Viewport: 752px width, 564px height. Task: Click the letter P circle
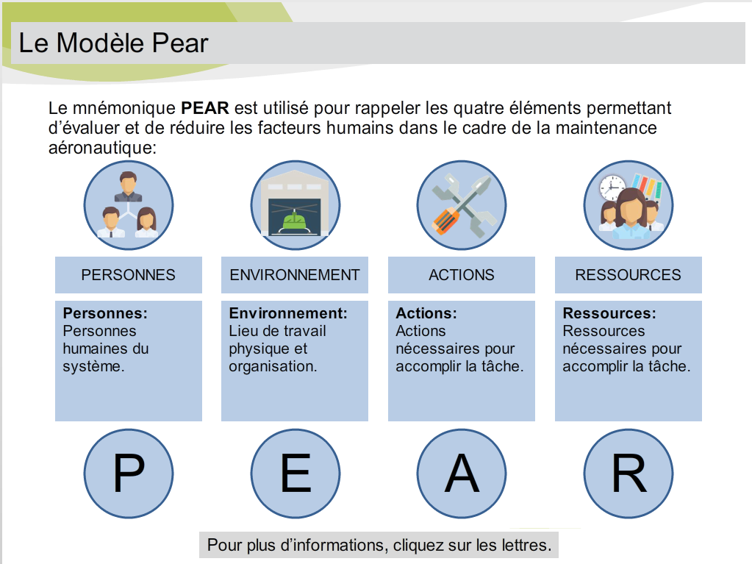click(129, 474)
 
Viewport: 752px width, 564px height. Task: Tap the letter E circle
click(296, 474)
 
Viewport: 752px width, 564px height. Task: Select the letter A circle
click(462, 474)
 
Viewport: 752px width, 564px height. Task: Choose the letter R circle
click(629, 474)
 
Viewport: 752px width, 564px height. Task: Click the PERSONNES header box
click(129, 275)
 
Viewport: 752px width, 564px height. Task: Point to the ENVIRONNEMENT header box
click(295, 275)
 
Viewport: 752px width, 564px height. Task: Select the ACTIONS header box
click(462, 275)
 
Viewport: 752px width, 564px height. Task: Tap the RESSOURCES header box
click(629, 275)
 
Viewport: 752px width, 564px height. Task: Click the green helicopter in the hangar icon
click(295, 221)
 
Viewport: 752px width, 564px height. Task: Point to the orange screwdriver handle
click(445, 221)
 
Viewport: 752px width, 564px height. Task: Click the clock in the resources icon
click(612, 188)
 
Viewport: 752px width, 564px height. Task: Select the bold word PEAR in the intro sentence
click(205, 108)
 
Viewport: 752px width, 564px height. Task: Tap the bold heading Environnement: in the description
click(288, 313)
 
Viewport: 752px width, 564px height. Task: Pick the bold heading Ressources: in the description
click(609, 313)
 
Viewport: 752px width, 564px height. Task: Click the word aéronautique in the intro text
click(102, 148)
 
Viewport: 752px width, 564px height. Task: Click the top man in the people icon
click(128, 187)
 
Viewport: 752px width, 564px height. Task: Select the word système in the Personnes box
click(93, 366)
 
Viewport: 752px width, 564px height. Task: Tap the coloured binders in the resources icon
click(646, 187)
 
